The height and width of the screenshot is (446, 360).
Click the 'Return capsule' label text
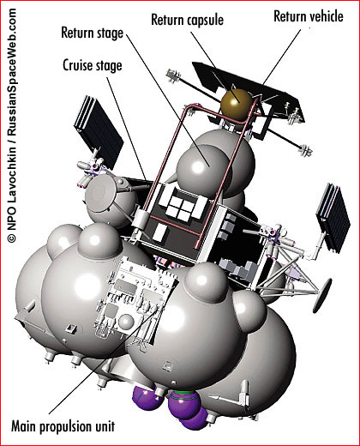click(x=187, y=20)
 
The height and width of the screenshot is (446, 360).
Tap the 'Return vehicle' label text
click(x=309, y=16)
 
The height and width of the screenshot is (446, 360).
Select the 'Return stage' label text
click(x=93, y=33)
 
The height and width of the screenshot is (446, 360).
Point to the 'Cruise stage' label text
click(x=93, y=66)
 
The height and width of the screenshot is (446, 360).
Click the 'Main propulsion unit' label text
click(x=63, y=426)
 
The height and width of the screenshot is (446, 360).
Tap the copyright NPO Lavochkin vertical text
click(x=11, y=126)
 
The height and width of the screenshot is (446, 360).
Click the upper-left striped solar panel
click(x=99, y=132)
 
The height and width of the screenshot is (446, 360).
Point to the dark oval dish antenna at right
click(x=322, y=296)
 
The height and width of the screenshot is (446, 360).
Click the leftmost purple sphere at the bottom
click(x=147, y=397)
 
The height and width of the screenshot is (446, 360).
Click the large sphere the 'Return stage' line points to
click(x=203, y=167)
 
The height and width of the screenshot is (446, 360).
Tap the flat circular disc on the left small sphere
click(x=101, y=193)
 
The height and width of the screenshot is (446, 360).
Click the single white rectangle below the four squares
click(x=159, y=232)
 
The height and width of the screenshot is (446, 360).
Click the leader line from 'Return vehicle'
click(x=281, y=57)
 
